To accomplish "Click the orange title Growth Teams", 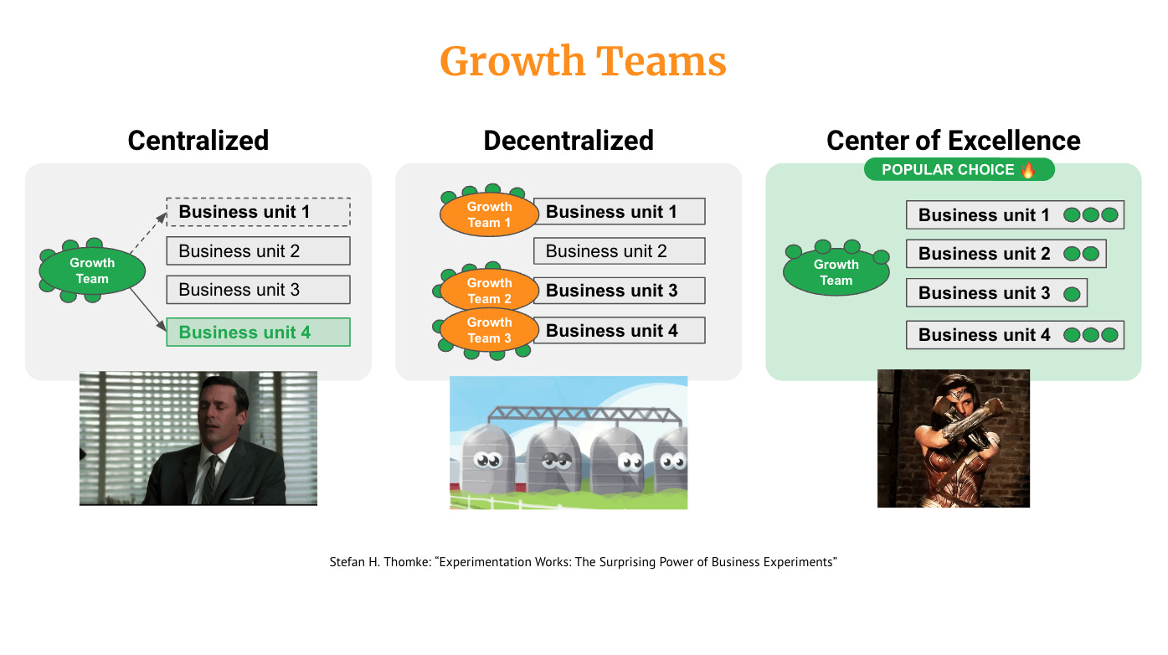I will coord(583,62).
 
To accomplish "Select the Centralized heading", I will coord(198,140).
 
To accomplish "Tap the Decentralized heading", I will coord(569,140).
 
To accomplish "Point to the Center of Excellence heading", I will coord(953,140).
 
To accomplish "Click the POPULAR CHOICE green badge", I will coord(959,170).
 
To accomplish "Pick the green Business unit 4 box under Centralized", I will coord(258,333).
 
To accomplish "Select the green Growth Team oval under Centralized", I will coord(92,271).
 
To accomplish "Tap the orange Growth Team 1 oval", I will coord(489,214).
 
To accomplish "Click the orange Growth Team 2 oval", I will coord(489,290).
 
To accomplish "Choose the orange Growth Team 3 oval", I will coord(489,330).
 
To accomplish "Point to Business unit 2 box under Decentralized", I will coord(619,250).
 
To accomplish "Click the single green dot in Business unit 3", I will coord(1071,294).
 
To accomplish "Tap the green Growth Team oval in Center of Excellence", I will coord(836,272).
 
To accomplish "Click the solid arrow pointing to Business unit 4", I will coord(147,307).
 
